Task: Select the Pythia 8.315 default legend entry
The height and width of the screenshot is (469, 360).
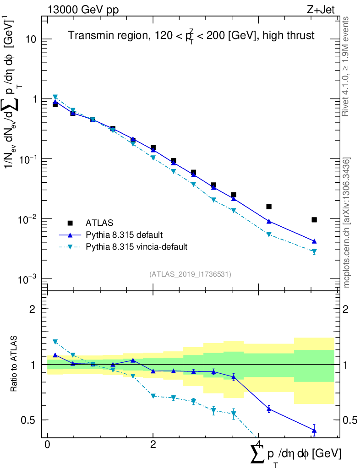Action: [124, 235]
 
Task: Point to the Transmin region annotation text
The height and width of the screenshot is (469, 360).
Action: [191, 36]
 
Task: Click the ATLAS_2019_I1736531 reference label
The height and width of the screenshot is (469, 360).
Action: [190, 274]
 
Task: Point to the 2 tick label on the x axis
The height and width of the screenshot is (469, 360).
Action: [153, 446]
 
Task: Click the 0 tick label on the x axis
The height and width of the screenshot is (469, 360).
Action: [48, 446]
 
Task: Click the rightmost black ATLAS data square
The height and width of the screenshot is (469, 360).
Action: [314, 220]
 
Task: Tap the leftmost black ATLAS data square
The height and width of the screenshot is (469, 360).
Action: [55, 104]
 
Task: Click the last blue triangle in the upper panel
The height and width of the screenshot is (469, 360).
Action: [314, 241]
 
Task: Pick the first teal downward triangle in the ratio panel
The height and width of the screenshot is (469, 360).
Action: [55, 342]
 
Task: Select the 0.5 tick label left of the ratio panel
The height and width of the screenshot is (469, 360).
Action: [29, 420]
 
